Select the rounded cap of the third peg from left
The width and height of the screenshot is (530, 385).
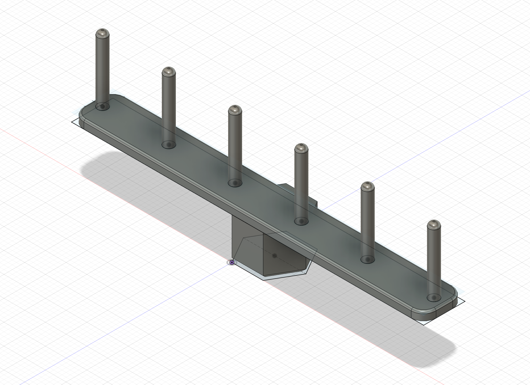coord(235,110)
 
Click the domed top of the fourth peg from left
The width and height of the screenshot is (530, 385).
coord(301,149)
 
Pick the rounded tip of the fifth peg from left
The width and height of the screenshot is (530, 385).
coord(367,187)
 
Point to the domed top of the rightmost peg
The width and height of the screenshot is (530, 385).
coord(434,225)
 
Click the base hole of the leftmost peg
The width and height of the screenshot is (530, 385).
coord(102,106)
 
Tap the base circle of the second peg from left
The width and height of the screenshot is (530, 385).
coord(169,144)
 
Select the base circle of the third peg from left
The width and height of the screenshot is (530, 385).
coord(235,183)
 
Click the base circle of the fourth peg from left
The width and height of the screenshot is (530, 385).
coord(301,221)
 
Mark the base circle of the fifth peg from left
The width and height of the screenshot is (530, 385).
coord(367,259)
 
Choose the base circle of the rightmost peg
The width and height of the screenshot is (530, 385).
coord(434,298)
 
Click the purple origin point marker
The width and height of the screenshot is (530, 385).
coord(232,262)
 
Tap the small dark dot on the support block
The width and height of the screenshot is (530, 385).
coord(274,256)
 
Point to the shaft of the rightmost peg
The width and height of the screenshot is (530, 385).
coord(434,261)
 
